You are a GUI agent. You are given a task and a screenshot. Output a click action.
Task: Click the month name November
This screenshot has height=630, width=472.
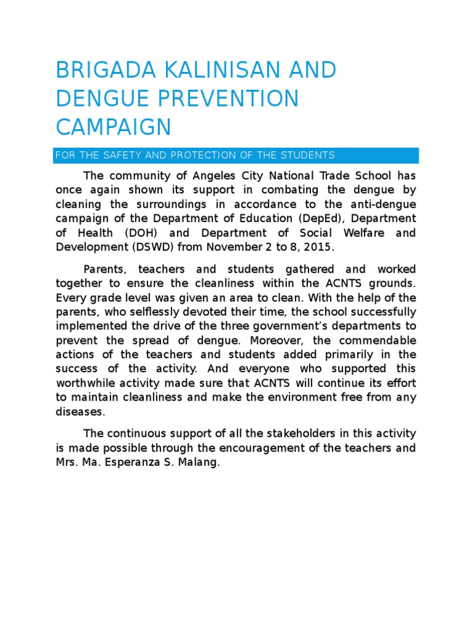point(239,247)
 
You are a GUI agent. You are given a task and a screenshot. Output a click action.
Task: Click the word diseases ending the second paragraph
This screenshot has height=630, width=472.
point(80,412)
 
